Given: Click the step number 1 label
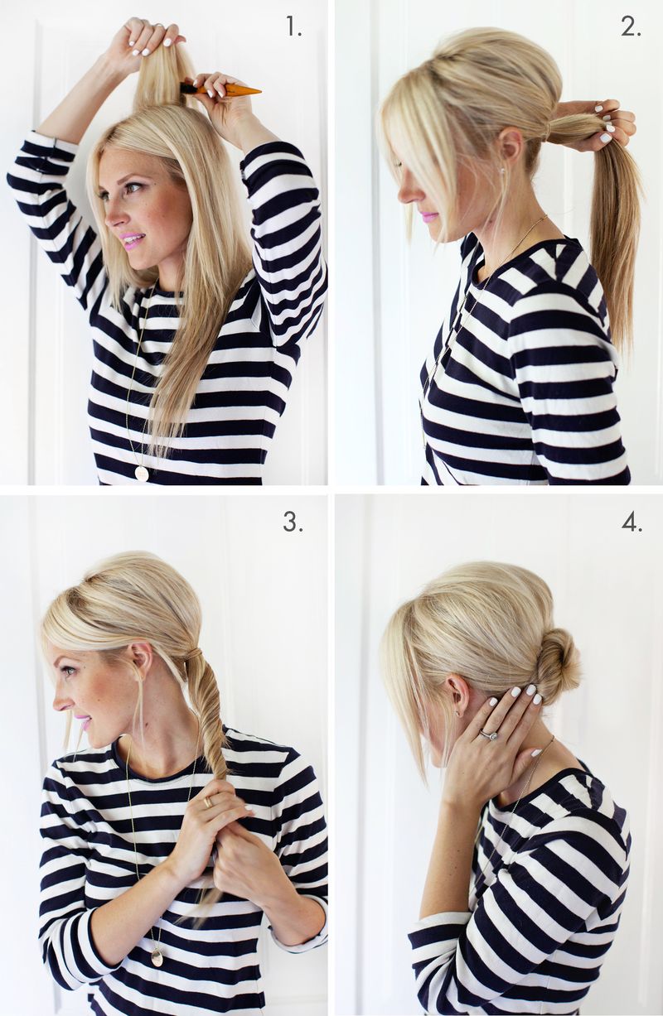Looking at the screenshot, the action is [x=293, y=27].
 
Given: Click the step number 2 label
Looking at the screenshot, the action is [x=631, y=27].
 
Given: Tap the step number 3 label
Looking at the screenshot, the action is [x=293, y=522].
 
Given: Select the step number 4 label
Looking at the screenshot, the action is [x=632, y=522].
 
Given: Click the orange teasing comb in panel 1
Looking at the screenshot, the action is [x=220, y=89].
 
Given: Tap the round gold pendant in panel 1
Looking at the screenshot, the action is [x=142, y=473].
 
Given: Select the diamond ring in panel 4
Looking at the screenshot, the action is [x=489, y=734].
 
